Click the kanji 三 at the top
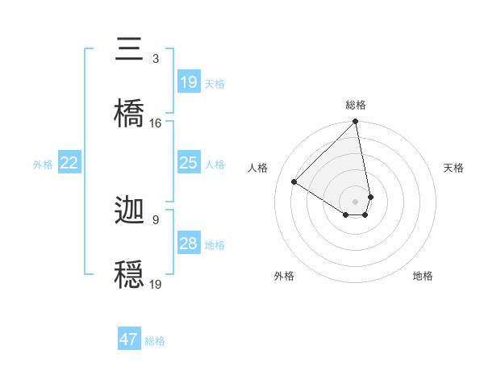point(129,49)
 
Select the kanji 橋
point(129,112)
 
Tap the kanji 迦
point(129,211)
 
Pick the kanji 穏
point(129,273)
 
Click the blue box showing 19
point(189,81)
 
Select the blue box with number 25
point(189,163)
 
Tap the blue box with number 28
point(189,244)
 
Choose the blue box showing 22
point(69,164)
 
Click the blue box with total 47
point(129,339)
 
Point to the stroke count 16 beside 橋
point(156,123)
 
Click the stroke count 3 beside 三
point(156,59)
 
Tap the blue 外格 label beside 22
point(43,165)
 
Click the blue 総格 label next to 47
point(155,341)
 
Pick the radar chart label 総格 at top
point(356,105)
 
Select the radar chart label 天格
point(454,168)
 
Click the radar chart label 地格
point(423,276)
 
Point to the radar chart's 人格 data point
point(294,182)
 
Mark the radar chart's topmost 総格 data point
point(356,122)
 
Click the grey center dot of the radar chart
point(355,201)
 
